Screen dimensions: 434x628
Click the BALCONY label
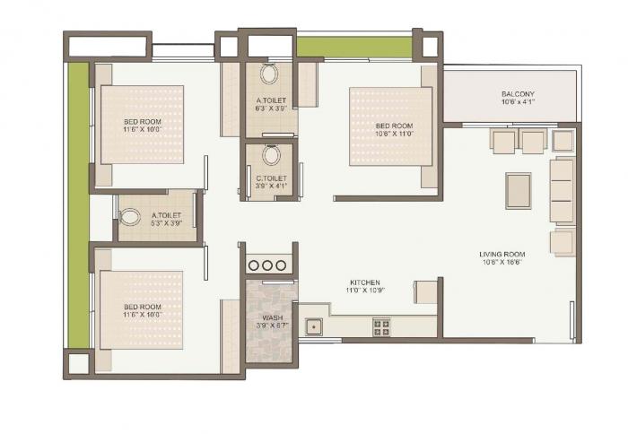[x=519, y=94]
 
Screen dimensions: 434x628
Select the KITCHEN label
[x=365, y=282]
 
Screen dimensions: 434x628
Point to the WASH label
[x=272, y=317]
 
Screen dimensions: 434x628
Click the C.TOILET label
[x=272, y=178]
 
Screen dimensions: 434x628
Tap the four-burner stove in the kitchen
[x=381, y=327]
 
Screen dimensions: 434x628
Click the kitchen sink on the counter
[x=313, y=327]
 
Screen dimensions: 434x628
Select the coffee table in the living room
[x=518, y=190]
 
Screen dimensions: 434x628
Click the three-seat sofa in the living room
[x=561, y=190]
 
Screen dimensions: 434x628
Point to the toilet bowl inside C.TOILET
[x=272, y=156]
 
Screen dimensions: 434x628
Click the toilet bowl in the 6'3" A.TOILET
[x=271, y=74]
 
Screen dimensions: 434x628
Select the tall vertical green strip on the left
[x=78, y=205]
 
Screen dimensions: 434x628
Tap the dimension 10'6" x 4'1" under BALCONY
[x=519, y=104]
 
